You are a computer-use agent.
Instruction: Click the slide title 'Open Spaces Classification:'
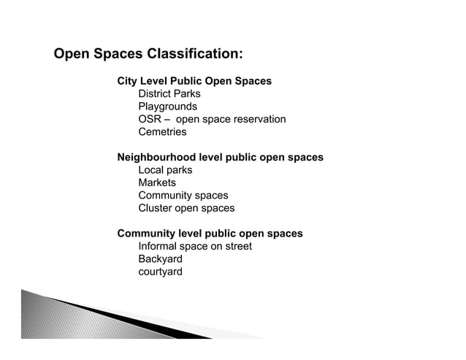[149, 55]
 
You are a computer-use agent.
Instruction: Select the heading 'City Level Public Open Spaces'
[194, 81]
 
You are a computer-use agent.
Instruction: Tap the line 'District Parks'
[169, 94]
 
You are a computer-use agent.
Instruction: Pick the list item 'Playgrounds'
[167, 107]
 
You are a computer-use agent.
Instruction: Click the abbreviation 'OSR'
[150, 120]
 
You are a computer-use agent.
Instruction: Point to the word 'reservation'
[259, 120]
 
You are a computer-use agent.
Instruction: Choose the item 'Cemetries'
[162, 132]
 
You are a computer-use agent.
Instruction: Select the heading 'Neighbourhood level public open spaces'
[220, 158]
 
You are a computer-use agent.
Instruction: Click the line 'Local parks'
[165, 170]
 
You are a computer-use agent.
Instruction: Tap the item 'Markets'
[157, 183]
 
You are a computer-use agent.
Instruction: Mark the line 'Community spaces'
[183, 196]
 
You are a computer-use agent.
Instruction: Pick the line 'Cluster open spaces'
[186, 208]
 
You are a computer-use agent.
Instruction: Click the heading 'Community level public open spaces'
[210, 234]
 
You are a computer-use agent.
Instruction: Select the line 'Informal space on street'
[194, 246]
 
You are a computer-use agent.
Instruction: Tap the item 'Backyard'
[160, 259]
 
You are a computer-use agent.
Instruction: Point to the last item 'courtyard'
[160, 272]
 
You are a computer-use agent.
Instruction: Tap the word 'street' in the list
[237, 246]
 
